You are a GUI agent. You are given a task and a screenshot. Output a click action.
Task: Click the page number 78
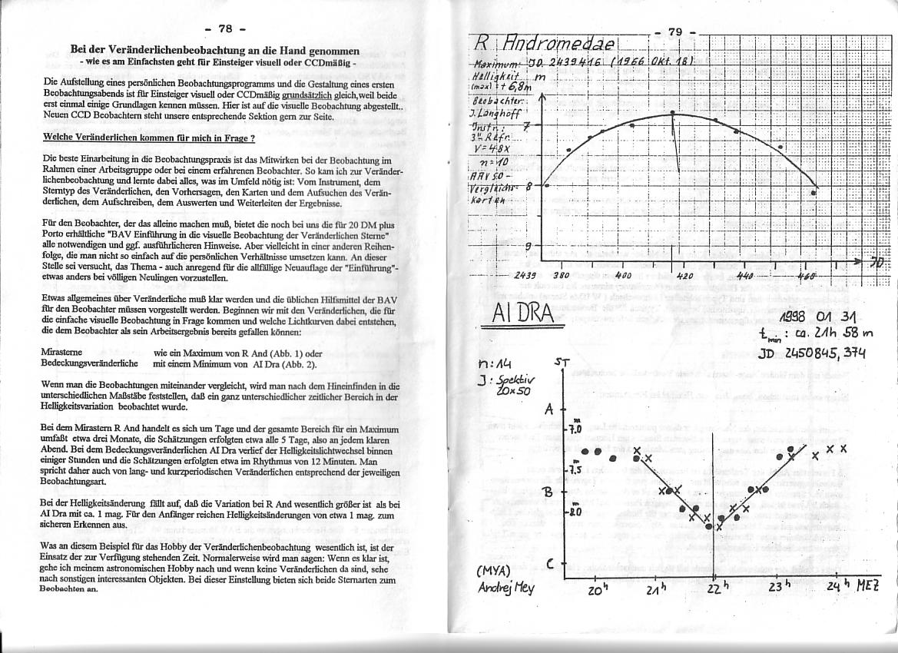[225, 28]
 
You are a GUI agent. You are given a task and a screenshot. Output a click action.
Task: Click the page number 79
[675, 31]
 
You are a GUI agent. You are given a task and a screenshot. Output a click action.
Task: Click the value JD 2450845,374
[812, 353]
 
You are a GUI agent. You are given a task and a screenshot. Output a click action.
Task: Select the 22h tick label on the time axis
[715, 589]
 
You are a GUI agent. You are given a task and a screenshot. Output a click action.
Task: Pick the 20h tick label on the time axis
[597, 590]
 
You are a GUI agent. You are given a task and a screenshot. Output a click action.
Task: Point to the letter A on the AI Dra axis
[549, 409]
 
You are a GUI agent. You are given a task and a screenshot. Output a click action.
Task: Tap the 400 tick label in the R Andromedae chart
[623, 274]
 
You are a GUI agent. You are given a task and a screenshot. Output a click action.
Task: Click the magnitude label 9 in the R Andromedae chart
[528, 247]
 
